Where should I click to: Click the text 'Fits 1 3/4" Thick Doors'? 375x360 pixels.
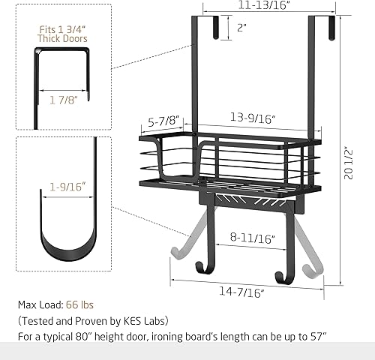[x=63, y=32]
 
